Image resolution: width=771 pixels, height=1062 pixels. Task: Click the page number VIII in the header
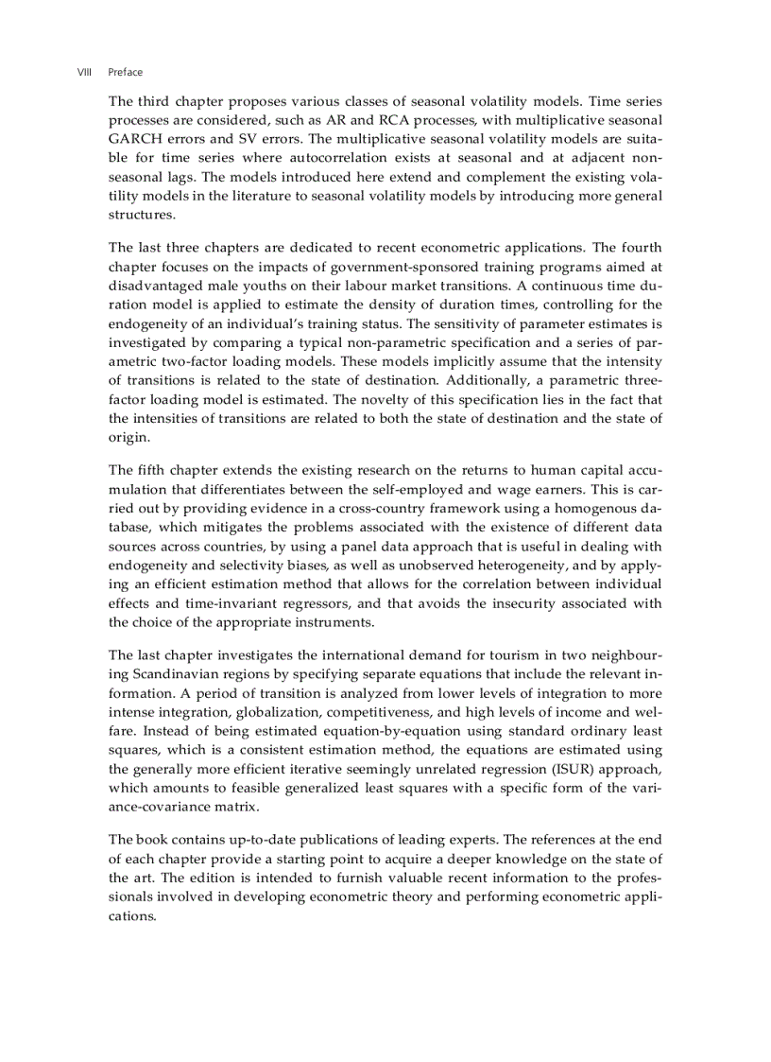[83, 72]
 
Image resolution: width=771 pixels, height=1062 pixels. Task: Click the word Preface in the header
[126, 72]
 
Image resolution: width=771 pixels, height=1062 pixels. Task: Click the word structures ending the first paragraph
[142, 215]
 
